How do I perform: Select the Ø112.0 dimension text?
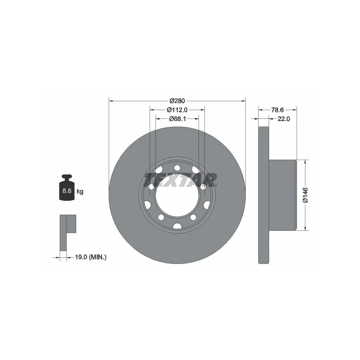point(177,110)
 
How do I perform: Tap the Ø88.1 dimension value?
point(177,119)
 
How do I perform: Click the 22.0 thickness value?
point(283,119)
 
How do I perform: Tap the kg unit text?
point(80,192)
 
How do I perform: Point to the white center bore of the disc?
point(177,196)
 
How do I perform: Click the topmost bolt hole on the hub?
point(177,168)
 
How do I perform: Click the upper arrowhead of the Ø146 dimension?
point(306,162)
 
